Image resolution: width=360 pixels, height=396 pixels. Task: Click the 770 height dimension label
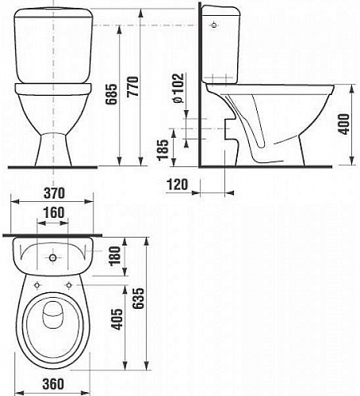(132, 87)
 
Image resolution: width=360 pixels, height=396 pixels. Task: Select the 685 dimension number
(111, 94)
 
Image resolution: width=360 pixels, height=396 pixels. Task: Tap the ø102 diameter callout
(178, 88)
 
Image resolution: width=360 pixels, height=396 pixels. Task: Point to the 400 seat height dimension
(343, 124)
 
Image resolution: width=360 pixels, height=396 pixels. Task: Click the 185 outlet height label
(163, 150)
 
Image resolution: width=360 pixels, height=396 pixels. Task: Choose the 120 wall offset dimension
(178, 184)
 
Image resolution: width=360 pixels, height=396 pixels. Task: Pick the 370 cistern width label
(54, 193)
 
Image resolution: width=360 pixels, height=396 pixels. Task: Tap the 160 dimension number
(54, 213)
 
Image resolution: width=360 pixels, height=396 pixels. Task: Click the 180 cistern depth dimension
(114, 256)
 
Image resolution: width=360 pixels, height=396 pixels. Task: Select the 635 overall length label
(139, 299)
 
